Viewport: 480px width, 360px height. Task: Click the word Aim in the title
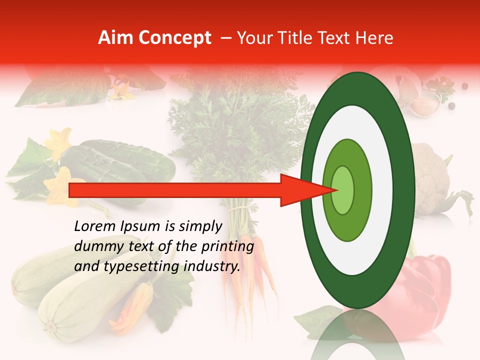click(x=115, y=38)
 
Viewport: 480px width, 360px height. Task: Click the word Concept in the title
click(x=174, y=38)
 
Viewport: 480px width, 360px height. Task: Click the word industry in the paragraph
click(x=212, y=266)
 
